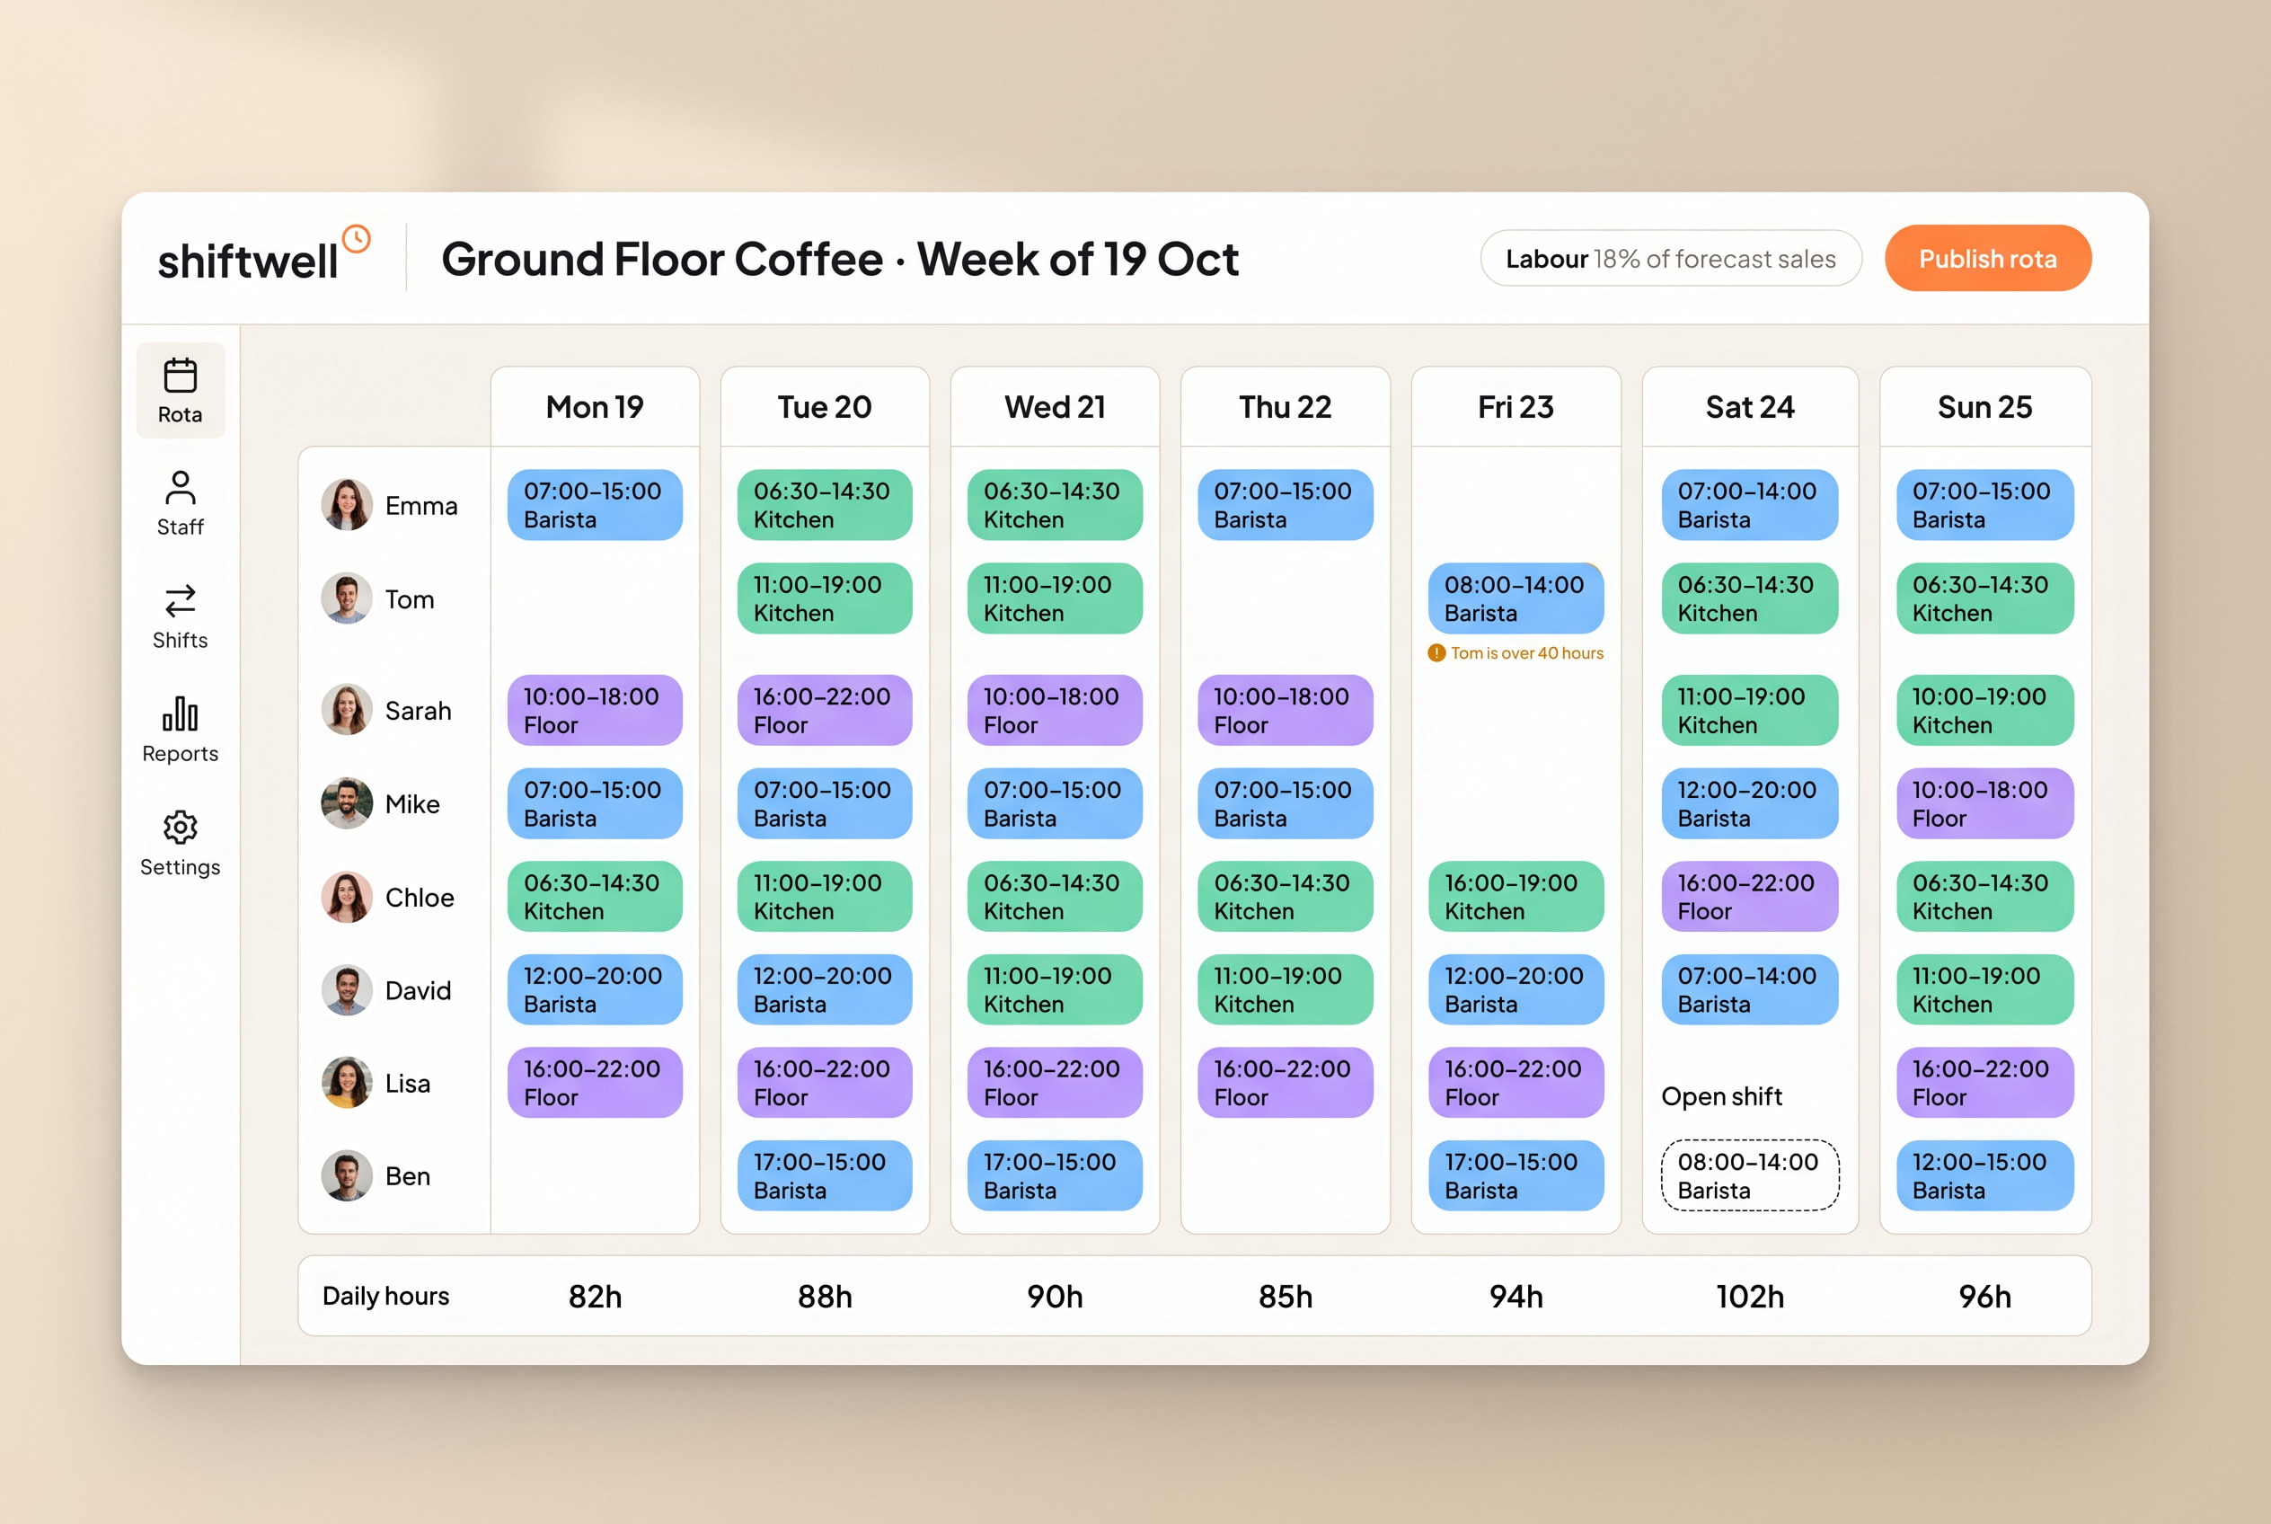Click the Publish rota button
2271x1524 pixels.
pyautogui.click(x=1987, y=259)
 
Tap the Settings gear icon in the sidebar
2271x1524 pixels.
pyautogui.click(x=180, y=827)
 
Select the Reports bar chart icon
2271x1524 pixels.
pyautogui.click(x=180, y=713)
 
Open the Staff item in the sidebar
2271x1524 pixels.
pyautogui.click(x=180, y=503)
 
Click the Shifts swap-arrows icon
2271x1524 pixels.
pyautogui.click(x=180, y=600)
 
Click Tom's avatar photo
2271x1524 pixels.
pyautogui.click(x=347, y=598)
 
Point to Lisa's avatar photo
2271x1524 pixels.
pyautogui.click(x=347, y=1083)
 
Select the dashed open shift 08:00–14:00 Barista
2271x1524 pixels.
pyautogui.click(x=1750, y=1175)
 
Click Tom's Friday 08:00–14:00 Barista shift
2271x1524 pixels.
pyautogui.click(x=1515, y=598)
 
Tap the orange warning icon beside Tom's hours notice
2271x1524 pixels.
pyautogui.click(x=1436, y=653)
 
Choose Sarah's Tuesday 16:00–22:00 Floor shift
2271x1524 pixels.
pyautogui.click(x=824, y=711)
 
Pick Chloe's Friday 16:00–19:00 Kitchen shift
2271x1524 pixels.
pyautogui.click(x=1515, y=896)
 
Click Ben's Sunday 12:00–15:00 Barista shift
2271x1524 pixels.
pyautogui.click(x=1985, y=1175)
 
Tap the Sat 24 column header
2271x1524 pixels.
pyautogui.click(x=1750, y=407)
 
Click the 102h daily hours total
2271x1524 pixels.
pyautogui.click(x=1750, y=1297)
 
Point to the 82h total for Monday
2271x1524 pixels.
pyautogui.click(x=595, y=1297)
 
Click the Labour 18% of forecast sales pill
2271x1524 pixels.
pyautogui.click(x=1670, y=259)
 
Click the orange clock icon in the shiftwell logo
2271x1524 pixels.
pyautogui.click(x=357, y=239)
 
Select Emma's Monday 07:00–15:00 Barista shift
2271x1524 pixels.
pyautogui.click(x=595, y=505)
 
